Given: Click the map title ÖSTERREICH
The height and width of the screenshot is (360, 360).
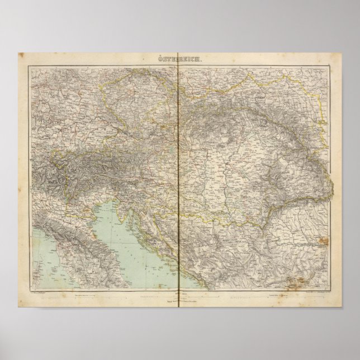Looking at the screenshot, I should (179, 59).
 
